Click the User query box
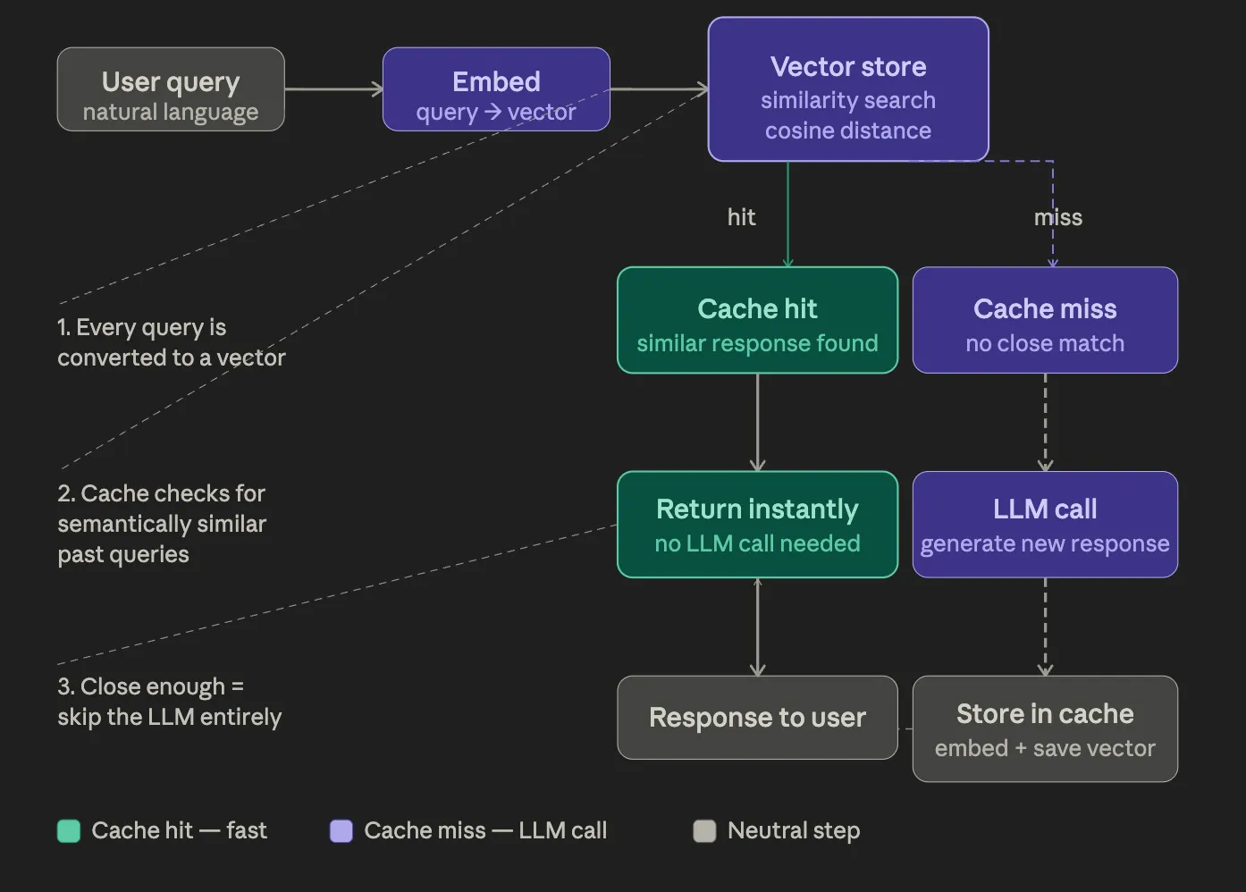[171, 89]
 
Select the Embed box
[496, 89]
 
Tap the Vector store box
[847, 89]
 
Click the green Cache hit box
[757, 320]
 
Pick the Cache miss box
[1045, 320]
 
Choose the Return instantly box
[757, 525]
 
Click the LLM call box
[1045, 525]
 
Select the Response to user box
[757, 718]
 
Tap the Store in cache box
[1045, 728]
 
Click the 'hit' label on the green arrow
[741, 217]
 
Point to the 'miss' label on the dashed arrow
[1058, 217]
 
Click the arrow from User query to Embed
[333, 89]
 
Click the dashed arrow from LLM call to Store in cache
[1045, 627]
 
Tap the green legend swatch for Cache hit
[69, 831]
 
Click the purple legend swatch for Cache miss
[341, 831]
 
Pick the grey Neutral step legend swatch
[704, 831]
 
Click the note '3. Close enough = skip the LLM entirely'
[169, 702]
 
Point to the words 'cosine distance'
[847, 130]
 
